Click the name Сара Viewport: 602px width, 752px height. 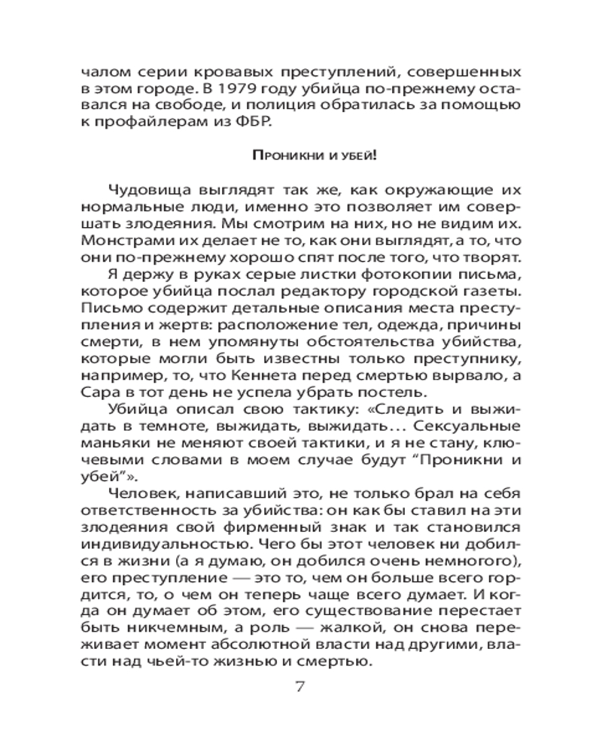pyautogui.click(x=95, y=392)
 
